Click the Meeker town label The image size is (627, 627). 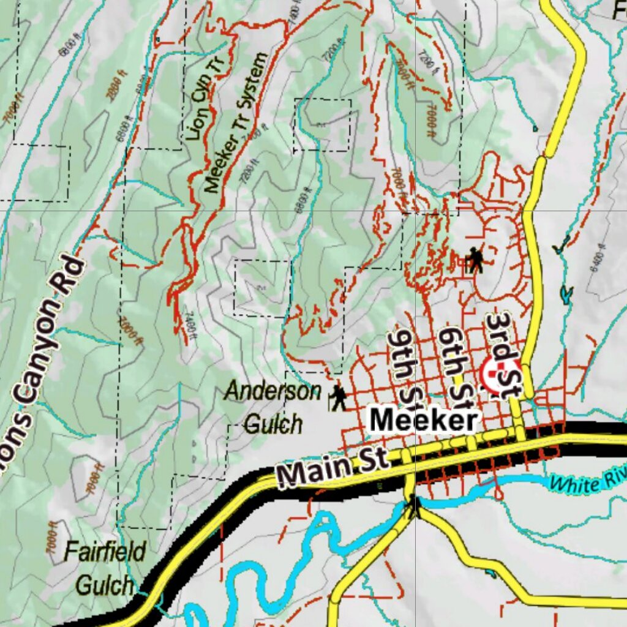(x=424, y=421)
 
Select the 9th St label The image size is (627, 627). (x=406, y=367)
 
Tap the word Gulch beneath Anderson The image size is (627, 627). (x=273, y=424)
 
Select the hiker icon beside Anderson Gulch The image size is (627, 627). (x=338, y=398)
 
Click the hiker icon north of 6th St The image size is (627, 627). (x=474, y=260)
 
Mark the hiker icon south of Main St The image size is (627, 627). (x=415, y=506)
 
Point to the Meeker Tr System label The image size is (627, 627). (x=235, y=122)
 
